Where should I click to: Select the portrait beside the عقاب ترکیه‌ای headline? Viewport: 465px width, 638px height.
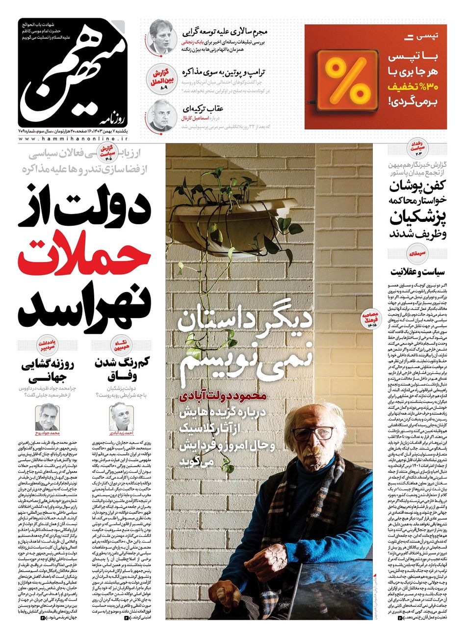(x=161, y=116)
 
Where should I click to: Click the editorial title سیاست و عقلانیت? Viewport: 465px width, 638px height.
(x=418, y=270)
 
